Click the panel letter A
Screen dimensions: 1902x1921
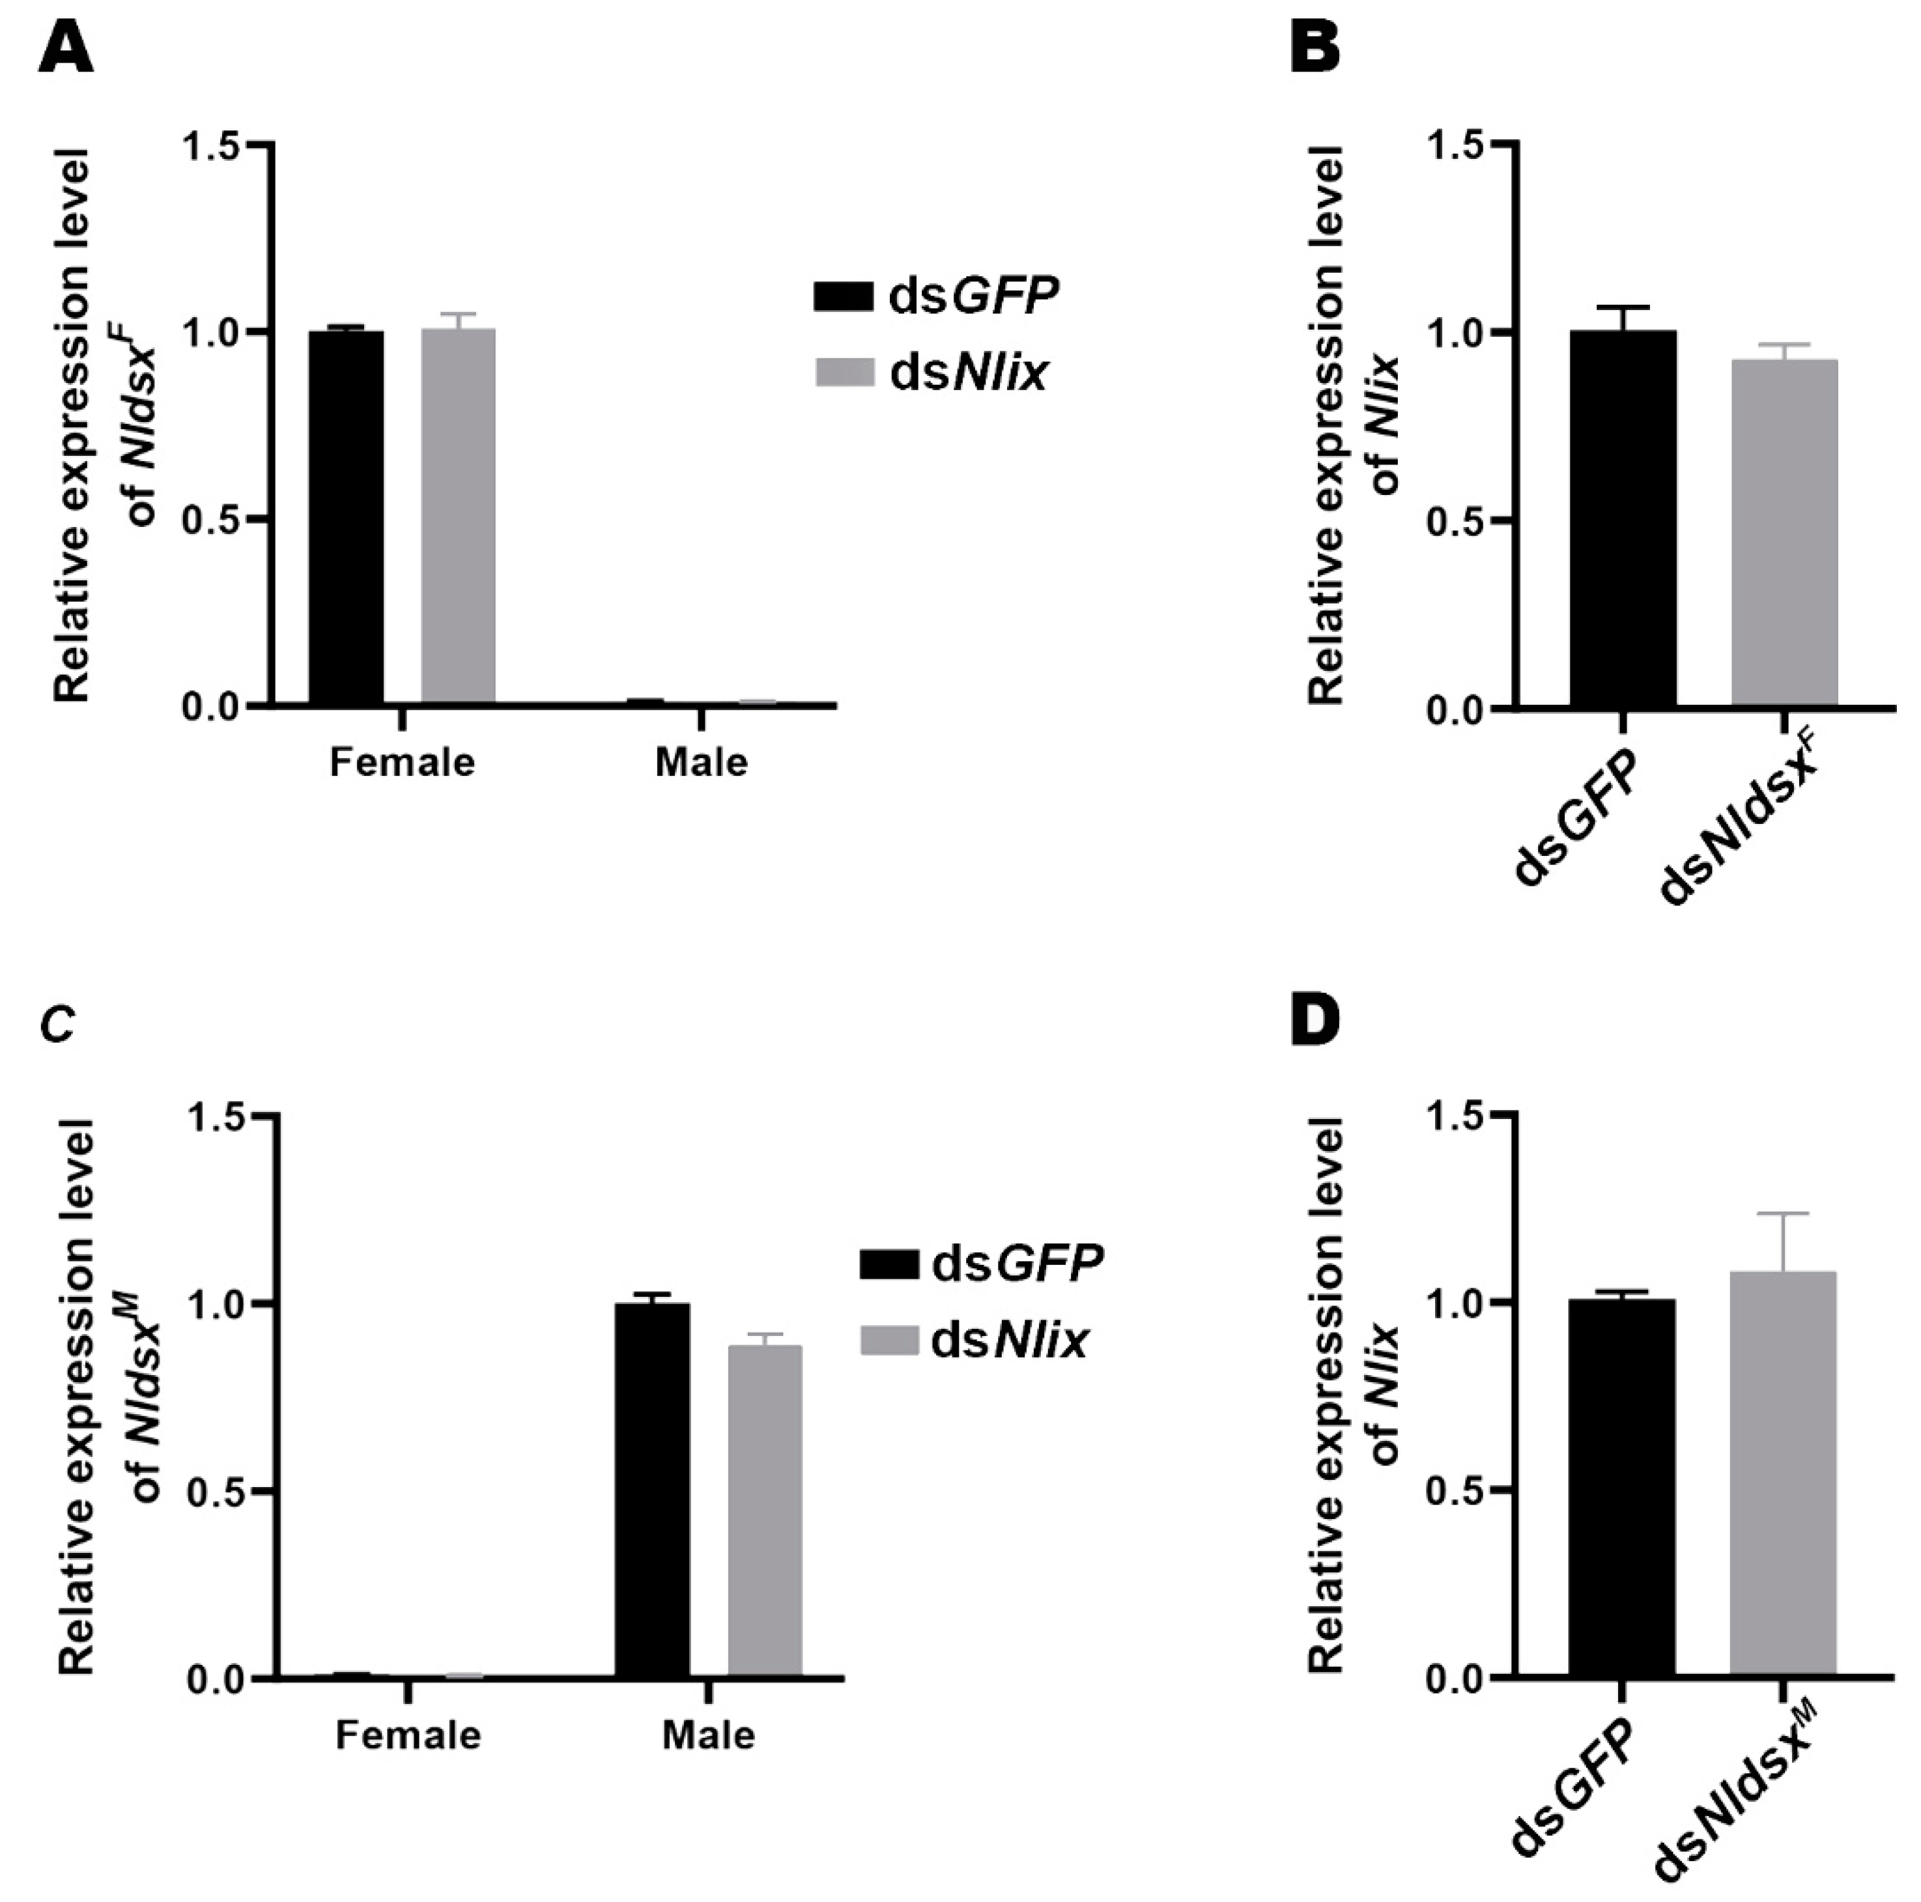point(66,50)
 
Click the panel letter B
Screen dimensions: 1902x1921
point(1315,50)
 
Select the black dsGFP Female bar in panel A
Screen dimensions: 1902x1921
point(346,517)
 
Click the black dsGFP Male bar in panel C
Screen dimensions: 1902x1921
point(652,1492)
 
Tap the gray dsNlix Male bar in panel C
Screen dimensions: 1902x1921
point(765,1511)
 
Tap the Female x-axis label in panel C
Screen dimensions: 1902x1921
point(408,1735)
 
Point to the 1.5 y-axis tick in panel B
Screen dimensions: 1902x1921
point(1456,145)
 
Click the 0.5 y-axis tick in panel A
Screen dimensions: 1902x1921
point(213,519)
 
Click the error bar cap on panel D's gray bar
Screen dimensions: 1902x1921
point(1783,1213)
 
